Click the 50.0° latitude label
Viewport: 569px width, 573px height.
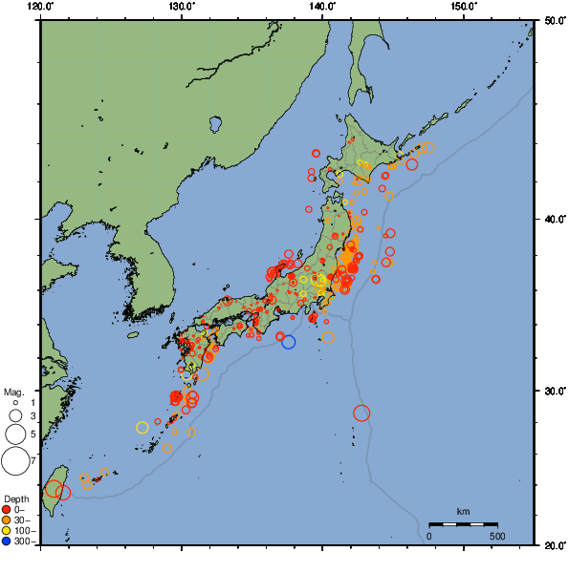click(552, 19)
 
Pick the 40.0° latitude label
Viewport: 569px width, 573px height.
click(552, 219)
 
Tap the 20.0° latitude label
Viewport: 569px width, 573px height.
click(552, 545)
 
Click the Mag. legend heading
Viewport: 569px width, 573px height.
click(13, 392)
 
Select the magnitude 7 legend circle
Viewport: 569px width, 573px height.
click(15, 461)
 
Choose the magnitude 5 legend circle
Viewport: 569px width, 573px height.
click(15, 435)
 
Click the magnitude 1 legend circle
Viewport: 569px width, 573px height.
click(15, 403)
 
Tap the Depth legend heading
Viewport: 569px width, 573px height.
click(16, 499)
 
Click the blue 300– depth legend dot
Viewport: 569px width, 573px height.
click(7, 541)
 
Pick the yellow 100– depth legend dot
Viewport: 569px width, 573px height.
click(7, 531)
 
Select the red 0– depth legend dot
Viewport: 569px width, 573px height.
click(7, 510)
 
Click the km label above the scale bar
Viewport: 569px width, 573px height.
click(463, 512)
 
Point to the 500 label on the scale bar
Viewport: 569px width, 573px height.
click(497, 536)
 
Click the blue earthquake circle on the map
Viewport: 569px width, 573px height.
click(289, 342)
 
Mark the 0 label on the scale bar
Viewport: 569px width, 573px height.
click(428, 536)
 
